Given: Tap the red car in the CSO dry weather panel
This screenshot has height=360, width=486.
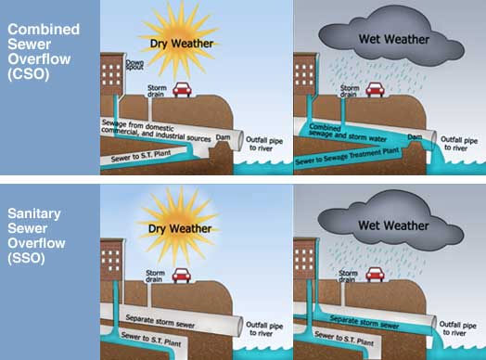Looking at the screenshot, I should (182, 90).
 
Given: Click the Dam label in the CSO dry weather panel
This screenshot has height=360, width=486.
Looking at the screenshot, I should (224, 135).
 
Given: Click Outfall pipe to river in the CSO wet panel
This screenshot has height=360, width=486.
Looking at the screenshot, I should (460, 140).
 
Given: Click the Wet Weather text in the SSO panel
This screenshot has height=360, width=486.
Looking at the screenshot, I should (392, 225).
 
